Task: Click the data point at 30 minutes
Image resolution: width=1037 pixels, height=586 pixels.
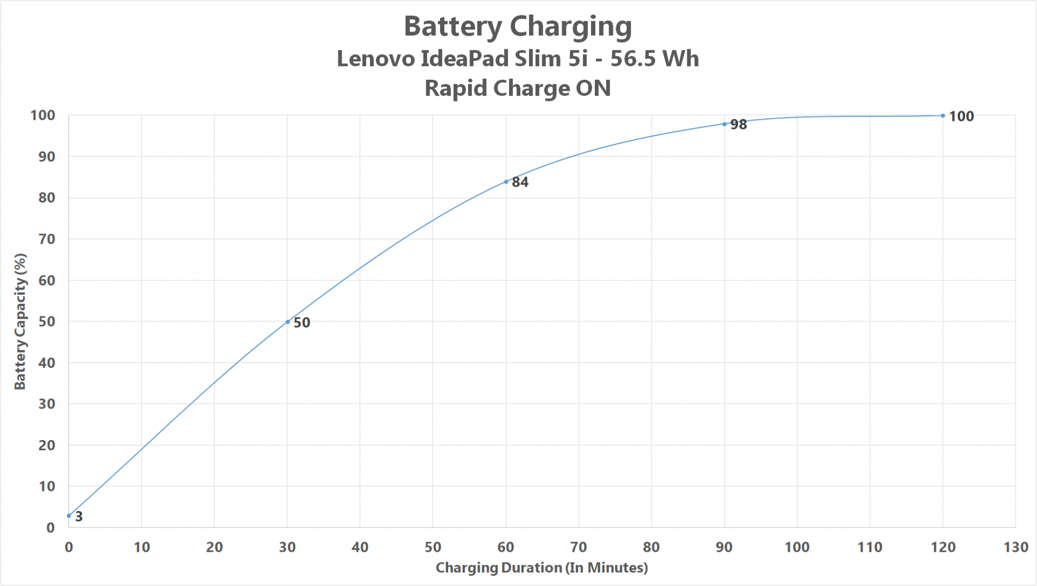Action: (x=287, y=322)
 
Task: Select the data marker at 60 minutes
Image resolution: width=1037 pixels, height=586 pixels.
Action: (x=506, y=182)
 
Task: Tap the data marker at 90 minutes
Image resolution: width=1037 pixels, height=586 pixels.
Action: (x=724, y=124)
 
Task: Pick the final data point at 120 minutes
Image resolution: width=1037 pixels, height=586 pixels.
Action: (x=942, y=116)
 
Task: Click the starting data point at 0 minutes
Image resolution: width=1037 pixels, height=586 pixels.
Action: (x=69, y=515)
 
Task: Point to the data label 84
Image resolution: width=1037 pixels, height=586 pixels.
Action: (x=520, y=182)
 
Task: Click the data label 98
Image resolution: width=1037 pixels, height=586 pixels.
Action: (x=738, y=125)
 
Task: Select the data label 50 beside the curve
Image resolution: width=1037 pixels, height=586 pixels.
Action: (x=301, y=323)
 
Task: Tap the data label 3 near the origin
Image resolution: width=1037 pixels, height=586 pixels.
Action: (x=79, y=517)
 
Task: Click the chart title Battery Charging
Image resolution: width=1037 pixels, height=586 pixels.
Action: (x=518, y=27)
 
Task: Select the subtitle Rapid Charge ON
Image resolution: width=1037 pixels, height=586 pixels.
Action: (x=518, y=88)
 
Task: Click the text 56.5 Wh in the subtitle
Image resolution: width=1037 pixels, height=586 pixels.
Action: (x=655, y=59)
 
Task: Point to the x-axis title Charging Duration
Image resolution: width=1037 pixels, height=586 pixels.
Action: (x=542, y=568)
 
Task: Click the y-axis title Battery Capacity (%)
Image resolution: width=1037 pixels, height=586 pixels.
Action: (x=20, y=321)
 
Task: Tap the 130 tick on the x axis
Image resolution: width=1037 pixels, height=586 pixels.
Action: (x=1015, y=547)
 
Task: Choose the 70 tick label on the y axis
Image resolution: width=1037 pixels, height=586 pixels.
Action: (x=47, y=239)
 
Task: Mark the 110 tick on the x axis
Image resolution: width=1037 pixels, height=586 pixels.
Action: (x=870, y=547)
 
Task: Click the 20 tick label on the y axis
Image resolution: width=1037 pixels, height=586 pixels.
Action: (x=47, y=445)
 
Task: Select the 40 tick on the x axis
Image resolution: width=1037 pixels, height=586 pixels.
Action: (x=360, y=547)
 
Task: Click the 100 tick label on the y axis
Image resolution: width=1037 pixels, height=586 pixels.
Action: (x=43, y=116)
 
